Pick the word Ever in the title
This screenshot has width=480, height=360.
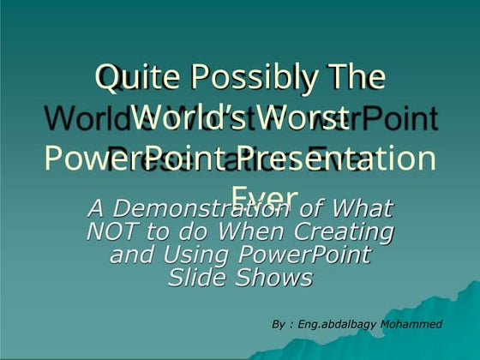(x=265, y=196)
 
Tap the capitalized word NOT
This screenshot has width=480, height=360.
(x=119, y=231)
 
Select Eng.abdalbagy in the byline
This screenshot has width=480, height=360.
(x=330, y=325)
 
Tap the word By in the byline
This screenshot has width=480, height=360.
(x=278, y=325)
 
